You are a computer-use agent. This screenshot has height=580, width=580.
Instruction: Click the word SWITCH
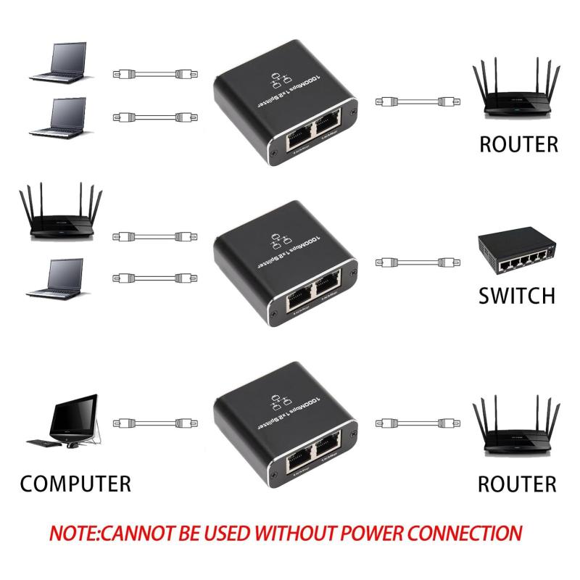pyautogui.click(x=517, y=296)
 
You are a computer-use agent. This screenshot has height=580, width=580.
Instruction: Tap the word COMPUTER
pyautogui.click(x=75, y=484)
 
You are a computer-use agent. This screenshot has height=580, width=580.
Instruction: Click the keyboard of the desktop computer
pyautogui.click(x=45, y=442)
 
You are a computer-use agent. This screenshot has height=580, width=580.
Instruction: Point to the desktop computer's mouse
pyautogui.click(x=72, y=444)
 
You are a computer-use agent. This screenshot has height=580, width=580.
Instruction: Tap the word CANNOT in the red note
pyautogui.click(x=139, y=534)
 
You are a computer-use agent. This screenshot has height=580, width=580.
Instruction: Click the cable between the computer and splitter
pyautogui.click(x=154, y=422)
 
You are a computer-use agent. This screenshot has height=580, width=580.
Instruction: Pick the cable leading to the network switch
pyautogui.click(x=414, y=262)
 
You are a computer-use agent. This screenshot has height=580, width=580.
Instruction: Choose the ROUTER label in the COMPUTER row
pyautogui.click(x=517, y=484)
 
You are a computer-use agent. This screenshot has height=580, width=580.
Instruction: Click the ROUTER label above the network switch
pyautogui.click(x=519, y=144)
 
